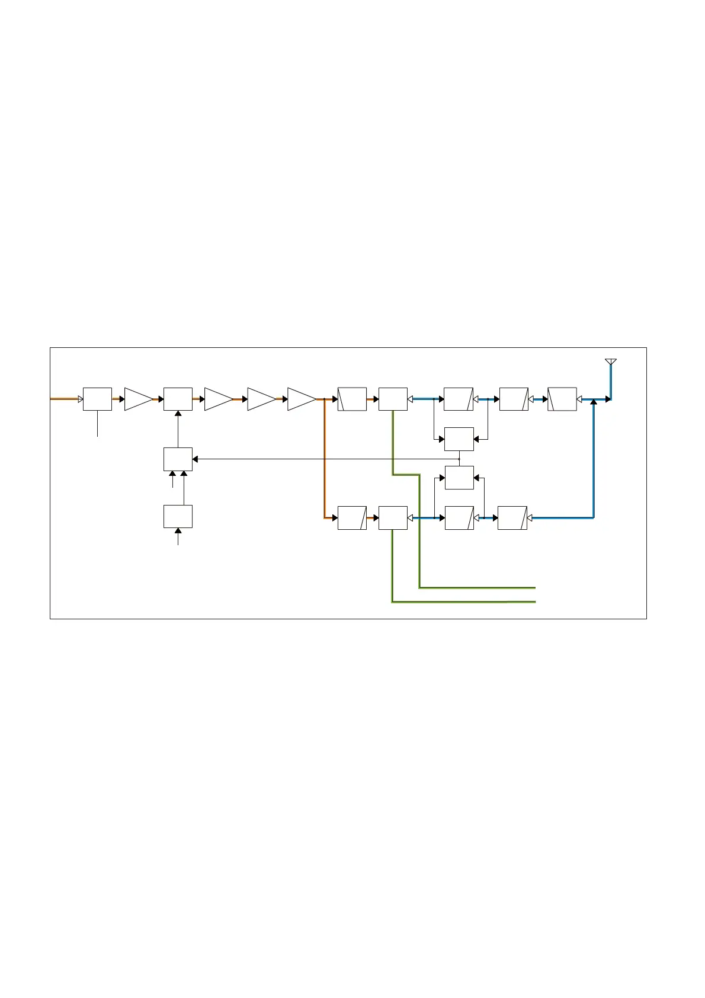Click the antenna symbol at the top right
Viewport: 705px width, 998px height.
[610, 362]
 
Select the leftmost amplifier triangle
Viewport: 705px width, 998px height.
[137, 399]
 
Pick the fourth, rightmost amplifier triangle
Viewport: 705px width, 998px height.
[300, 399]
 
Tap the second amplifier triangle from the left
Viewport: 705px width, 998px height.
[217, 399]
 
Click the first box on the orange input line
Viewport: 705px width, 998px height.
[97, 399]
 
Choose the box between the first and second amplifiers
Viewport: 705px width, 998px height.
[178, 399]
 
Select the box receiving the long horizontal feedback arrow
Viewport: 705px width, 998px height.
[178, 459]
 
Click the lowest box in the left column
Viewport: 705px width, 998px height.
[178, 516]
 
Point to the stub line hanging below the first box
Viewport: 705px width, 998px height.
[97, 424]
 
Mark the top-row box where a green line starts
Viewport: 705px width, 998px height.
[393, 399]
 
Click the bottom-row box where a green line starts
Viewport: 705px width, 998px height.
[393, 517]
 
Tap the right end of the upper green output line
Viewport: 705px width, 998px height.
[534, 588]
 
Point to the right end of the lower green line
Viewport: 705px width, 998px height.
[534, 602]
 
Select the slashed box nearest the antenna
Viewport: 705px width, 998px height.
[562, 399]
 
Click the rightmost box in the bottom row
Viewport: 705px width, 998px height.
[512, 517]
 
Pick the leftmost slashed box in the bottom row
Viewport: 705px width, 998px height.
[352, 517]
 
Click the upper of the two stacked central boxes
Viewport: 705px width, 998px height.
[459, 439]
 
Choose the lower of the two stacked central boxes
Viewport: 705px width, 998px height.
[459, 478]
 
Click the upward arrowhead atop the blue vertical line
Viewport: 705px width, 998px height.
[594, 404]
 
